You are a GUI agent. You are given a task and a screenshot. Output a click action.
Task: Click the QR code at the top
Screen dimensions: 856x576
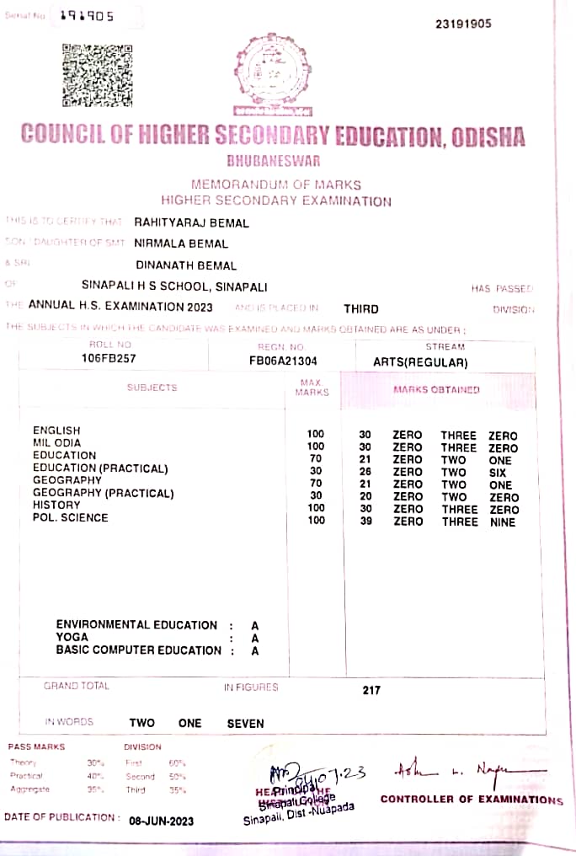pyautogui.click(x=97, y=76)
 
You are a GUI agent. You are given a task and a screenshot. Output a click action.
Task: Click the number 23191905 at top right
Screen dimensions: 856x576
pyautogui.click(x=463, y=24)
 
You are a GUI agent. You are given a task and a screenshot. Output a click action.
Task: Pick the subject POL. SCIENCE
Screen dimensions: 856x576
pyautogui.click(x=70, y=517)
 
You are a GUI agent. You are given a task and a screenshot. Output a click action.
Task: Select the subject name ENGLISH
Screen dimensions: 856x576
pyautogui.click(x=56, y=431)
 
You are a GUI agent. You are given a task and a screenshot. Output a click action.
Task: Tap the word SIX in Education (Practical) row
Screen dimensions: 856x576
pyautogui.click(x=500, y=473)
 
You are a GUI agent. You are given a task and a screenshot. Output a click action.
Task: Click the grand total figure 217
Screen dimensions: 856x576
pyautogui.click(x=371, y=690)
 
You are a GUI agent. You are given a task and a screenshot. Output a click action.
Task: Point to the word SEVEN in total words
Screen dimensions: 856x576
pyautogui.click(x=245, y=723)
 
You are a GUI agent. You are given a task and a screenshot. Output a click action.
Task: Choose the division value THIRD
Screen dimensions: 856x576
pyautogui.click(x=361, y=308)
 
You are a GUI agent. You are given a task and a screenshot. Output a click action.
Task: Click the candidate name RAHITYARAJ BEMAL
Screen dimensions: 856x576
pyautogui.click(x=191, y=222)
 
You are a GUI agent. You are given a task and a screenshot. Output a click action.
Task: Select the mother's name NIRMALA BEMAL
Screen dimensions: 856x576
pyautogui.click(x=181, y=243)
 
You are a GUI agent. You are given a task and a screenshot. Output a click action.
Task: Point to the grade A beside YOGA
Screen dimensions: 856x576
pyautogui.click(x=255, y=638)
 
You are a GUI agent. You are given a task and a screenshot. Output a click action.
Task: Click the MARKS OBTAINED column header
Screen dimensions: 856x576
pyautogui.click(x=436, y=389)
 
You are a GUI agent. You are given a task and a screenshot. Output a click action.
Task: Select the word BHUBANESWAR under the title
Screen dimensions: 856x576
pyautogui.click(x=273, y=160)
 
